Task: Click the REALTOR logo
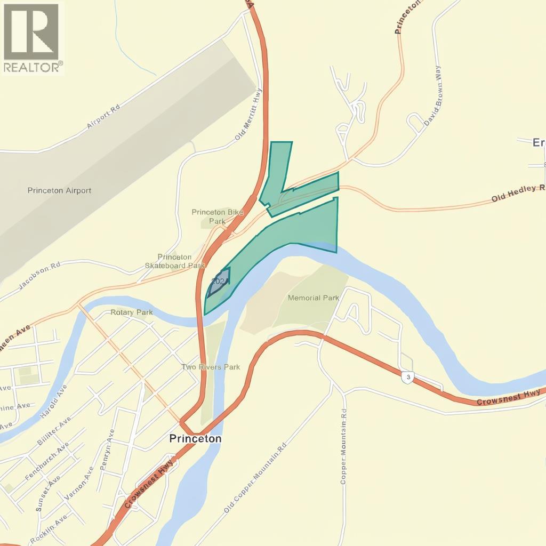pos(32,37)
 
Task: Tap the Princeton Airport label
pos(59,190)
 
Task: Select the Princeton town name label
pos(195,438)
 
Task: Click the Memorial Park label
pos(313,298)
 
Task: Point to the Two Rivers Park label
pos(211,367)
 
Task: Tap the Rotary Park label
pos(132,312)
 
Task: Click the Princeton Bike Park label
pos(217,216)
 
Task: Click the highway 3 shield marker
pos(407,376)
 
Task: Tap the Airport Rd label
pos(103,117)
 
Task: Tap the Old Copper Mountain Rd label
pos(255,478)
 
